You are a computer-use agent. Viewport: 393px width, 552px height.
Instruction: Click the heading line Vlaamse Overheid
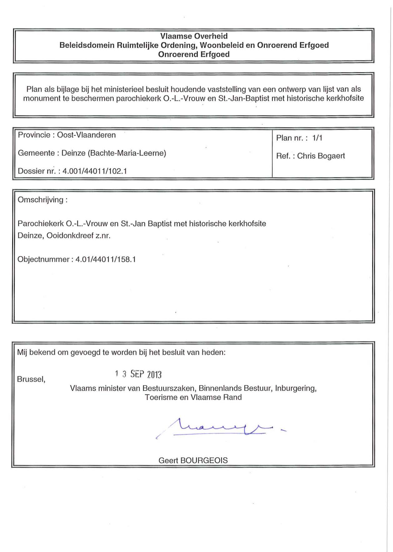pos(194,36)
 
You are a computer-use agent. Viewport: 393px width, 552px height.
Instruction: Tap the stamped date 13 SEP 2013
pos(138,374)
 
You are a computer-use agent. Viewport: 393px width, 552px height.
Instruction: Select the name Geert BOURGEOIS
pos(193,460)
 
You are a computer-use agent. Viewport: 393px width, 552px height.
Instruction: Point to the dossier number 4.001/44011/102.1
pos(95,171)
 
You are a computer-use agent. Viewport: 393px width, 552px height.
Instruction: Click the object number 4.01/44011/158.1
pos(106,259)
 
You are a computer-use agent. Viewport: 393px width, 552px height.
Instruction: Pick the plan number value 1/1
pos(317,138)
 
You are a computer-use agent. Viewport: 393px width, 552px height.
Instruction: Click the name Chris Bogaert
pos(321,156)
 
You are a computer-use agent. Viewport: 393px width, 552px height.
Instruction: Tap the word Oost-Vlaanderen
pos(86,135)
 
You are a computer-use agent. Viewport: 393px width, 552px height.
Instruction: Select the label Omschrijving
pos(41,200)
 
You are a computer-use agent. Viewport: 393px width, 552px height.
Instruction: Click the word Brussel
pos(31,379)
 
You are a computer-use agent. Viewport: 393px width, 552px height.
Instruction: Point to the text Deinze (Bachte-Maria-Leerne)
pos(114,153)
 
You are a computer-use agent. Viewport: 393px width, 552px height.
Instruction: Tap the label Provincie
pos(34,135)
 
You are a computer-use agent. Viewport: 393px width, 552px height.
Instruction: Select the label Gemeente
pos(36,153)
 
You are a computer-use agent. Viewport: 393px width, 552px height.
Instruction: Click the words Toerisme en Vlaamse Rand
pos(193,397)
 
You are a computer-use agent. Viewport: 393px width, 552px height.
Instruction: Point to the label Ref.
pos(283,156)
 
